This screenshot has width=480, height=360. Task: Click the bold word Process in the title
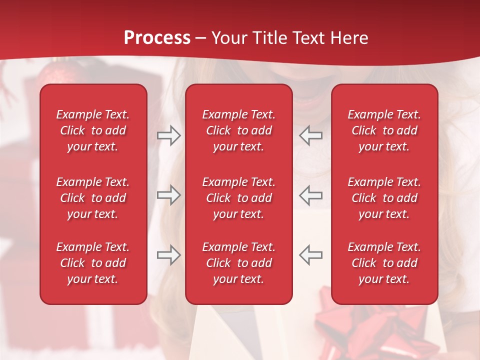point(157,37)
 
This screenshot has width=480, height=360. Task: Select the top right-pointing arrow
point(169,135)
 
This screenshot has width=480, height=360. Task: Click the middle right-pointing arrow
point(169,195)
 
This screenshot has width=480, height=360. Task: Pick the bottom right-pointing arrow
point(169,254)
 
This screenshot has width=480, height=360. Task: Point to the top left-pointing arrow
point(310,135)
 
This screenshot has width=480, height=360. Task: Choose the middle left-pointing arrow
point(310,195)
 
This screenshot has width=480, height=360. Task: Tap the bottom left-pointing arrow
point(310,254)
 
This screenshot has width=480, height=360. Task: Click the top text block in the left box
point(93,130)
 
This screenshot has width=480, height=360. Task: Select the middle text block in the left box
point(93,198)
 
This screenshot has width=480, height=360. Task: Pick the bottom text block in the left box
point(93,263)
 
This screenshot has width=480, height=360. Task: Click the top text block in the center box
point(238,130)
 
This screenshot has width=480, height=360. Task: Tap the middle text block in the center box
point(238,198)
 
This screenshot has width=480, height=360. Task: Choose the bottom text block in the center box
point(238,263)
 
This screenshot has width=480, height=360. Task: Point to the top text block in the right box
point(384,130)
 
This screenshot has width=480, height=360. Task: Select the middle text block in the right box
point(384,198)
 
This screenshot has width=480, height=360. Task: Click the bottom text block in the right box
point(384,263)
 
